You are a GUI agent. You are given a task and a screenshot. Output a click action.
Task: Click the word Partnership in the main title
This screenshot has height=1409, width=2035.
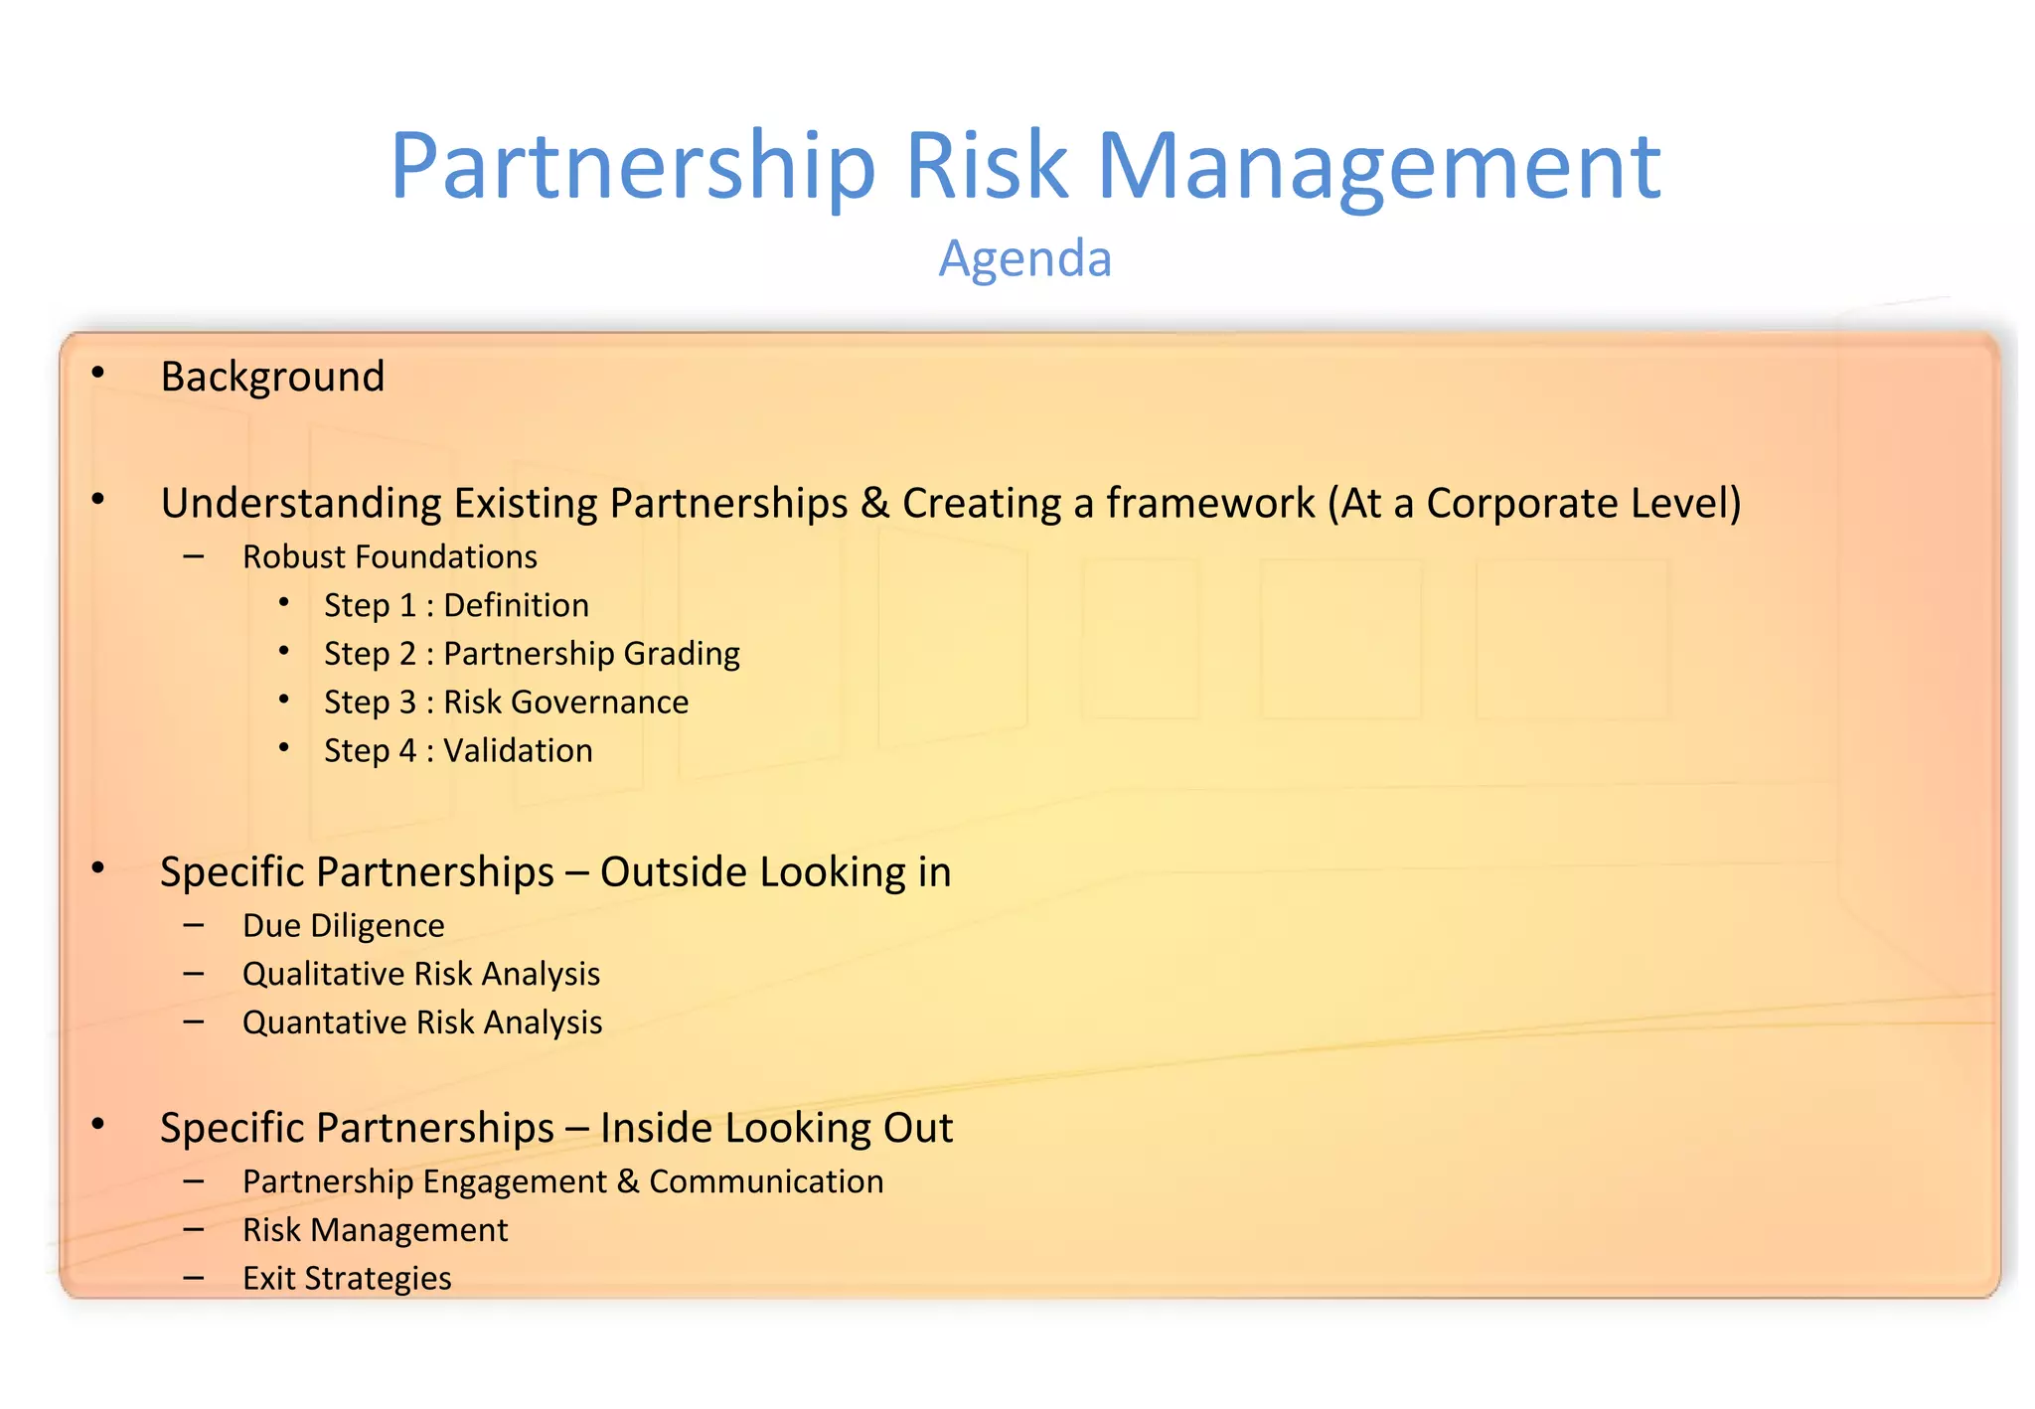pyautogui.click(x=633, y=167)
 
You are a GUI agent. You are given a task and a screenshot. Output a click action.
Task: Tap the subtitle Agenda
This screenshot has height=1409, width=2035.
pyautogui.click(x=1024, y=259)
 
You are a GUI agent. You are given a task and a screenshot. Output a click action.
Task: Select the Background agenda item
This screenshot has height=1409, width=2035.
pyautogui.click(x=272, y=377)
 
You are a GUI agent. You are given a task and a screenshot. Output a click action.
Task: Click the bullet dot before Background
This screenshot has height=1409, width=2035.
pyautogui.click(x=97, y=373)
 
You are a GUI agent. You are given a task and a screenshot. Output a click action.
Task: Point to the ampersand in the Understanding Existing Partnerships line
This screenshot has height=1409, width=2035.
pyautogui.click(x=874, y=503)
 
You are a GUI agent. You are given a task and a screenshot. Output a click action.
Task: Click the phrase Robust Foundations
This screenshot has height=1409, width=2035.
pyautogui.click(x=390, y=557)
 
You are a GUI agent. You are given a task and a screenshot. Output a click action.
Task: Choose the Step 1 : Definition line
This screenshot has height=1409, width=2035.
pyautogui.click(x=456, y=606)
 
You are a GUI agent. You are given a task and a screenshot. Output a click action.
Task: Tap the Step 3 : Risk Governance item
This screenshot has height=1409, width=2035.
pyautogui.click(x=506, y=703)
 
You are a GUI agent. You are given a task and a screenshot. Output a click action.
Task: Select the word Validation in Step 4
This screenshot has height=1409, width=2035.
pyautogui.click(x=518, y=751)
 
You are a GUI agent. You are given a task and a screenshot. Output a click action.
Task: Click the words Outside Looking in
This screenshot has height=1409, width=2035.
pyautogui.click(x=775, y=872)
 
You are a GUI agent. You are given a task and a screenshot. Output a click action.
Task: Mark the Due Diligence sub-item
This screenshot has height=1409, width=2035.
pyautogui.click(x=343, y=926)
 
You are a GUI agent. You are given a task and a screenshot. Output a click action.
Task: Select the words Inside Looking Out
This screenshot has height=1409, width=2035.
pyautogui.click(x=776, y=1129)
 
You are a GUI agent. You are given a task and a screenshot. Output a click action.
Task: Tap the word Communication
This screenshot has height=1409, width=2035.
pyautogui.click(x=766, y=1181)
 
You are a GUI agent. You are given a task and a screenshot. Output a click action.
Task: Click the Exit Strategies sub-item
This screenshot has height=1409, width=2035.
pyautogui.click(x=347, y=1279)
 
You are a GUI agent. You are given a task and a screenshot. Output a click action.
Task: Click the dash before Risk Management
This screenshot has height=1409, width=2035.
pyautogui.click(x=194, y=1230)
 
